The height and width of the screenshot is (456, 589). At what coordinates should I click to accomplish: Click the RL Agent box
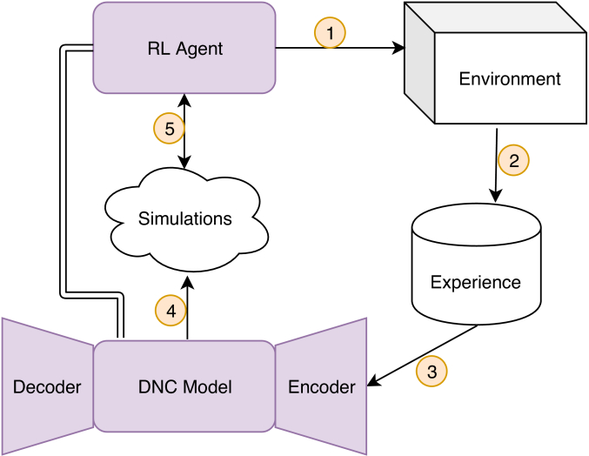click(184, 48)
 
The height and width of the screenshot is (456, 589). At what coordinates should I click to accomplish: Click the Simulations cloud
click(185, 218)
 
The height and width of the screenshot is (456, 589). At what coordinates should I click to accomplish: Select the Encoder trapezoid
click(322, 386)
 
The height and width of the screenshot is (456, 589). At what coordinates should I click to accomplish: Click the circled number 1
click(330, 33)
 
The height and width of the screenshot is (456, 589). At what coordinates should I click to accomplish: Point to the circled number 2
click(513, 159)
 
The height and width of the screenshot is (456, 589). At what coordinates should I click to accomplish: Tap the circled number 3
click(432, 371)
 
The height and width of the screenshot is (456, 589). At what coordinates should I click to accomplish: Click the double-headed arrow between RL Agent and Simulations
click(184, 131)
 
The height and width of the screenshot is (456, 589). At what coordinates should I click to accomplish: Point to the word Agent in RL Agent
click(203, 49)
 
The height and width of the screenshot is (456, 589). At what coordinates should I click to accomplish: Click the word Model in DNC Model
click(209, 387)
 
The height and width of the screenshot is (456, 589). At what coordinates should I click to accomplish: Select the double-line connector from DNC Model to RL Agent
click(63, 174)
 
